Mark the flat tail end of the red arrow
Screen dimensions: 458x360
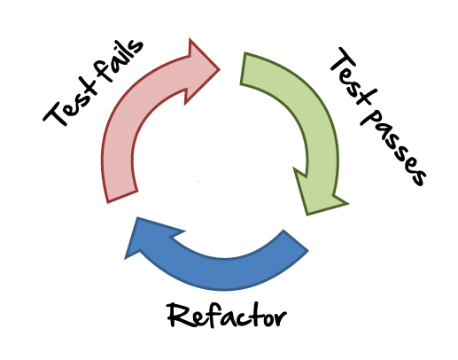click(122, 197)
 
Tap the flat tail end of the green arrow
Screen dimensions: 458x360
click(243, 68)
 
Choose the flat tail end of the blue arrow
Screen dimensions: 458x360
click(296, 240)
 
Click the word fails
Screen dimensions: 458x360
click(118, 63)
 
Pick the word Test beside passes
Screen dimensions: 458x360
click(352, 76)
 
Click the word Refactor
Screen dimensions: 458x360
click(227, 316)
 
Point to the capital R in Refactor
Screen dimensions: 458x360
click(178, 316)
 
